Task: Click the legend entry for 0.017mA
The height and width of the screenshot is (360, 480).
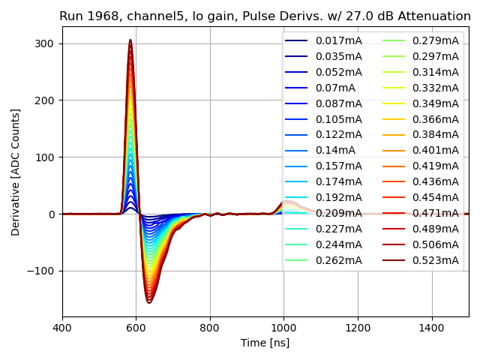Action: click(x=338, y=40)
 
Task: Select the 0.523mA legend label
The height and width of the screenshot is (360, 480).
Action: click(x=435, y=260)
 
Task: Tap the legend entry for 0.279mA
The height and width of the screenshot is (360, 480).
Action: click(x=435, y=40)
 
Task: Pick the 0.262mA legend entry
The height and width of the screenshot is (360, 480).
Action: click(x=338, y=260)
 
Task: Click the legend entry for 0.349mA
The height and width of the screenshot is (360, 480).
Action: click(x=435, y=103)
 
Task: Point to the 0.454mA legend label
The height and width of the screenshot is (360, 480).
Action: click(x=435, y=197)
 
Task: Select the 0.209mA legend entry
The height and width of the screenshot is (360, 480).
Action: click(x=338, y=213)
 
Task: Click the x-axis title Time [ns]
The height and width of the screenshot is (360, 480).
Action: click(x=265, y=343)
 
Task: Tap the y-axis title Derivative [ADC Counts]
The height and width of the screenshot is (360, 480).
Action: click(x=16, y=172)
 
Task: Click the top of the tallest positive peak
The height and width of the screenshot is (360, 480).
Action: click(x=130, y=40)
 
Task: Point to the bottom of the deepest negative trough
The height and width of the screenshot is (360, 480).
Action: click(x=149, y=303)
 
